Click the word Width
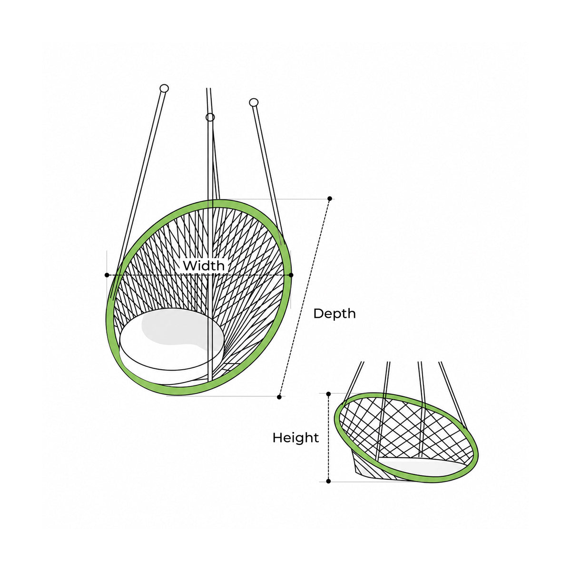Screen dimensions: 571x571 [204, 266]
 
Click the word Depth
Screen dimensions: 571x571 [334, 314]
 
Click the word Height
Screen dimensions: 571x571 [295, 438]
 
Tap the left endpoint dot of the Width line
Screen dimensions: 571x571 [107, 275]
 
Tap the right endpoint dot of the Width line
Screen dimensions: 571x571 [291, 275]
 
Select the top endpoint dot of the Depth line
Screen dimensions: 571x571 [329, 198]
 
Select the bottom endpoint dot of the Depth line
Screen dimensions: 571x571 [279, 397]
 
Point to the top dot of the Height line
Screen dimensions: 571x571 [328, 394]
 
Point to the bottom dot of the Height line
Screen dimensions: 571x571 [328, 481]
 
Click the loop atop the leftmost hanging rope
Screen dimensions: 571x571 [164, 89]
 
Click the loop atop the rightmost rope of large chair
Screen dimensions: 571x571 [254, 102]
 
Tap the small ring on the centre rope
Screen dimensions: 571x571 [210, 118]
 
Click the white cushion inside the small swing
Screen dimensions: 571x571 [421, 466]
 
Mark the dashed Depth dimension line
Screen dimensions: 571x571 [305, 297]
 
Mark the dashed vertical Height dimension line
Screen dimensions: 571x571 [328, 437]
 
